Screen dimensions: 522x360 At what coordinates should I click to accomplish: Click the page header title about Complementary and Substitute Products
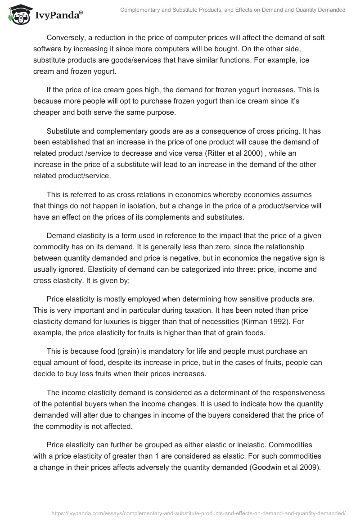(x=233, y=10)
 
